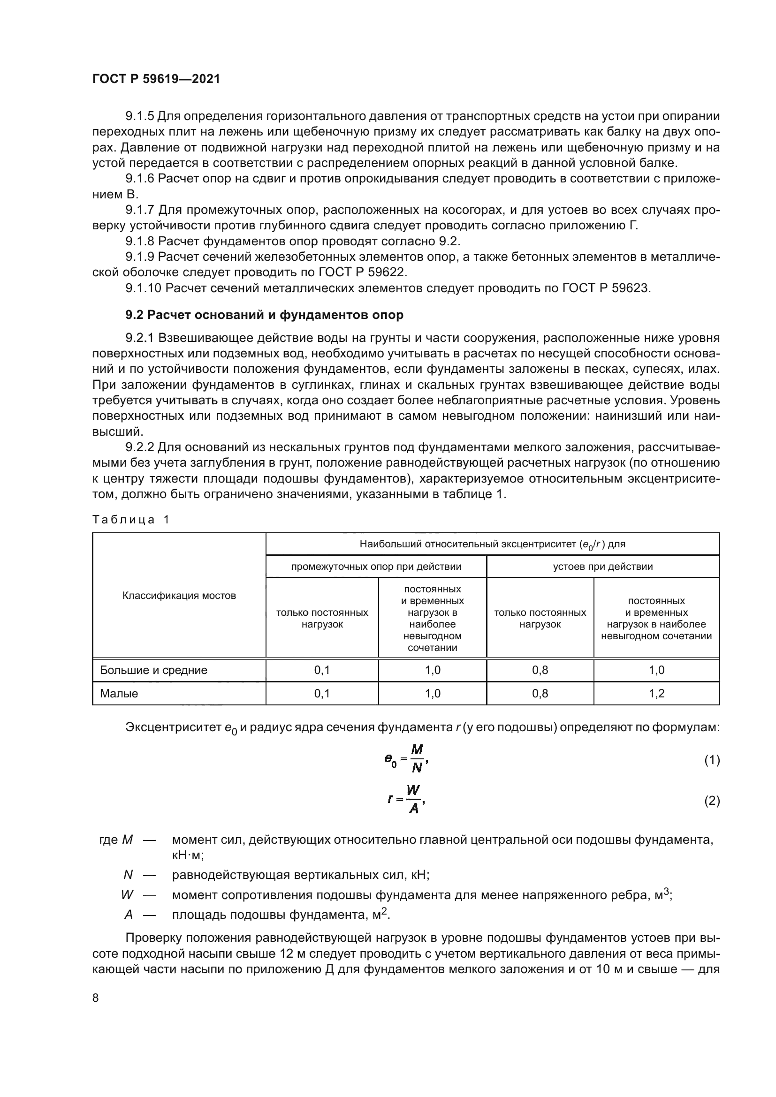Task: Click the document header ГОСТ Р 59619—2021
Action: (156, 79)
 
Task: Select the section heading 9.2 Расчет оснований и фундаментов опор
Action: (264, 315)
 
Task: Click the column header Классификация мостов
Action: (179, 595)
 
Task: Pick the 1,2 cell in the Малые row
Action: (656, 693)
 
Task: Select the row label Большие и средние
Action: (153, 670)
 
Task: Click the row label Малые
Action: (119, 693)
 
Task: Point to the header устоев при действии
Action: (603, 567)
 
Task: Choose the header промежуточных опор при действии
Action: (376, 567)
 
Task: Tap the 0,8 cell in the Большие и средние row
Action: (540, 670)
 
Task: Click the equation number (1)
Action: (712, 760)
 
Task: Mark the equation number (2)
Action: (712, 801)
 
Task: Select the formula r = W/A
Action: (406, 800)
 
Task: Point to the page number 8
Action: (96, 998)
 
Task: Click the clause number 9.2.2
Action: (139, 447)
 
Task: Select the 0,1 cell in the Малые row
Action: (322, 693)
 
